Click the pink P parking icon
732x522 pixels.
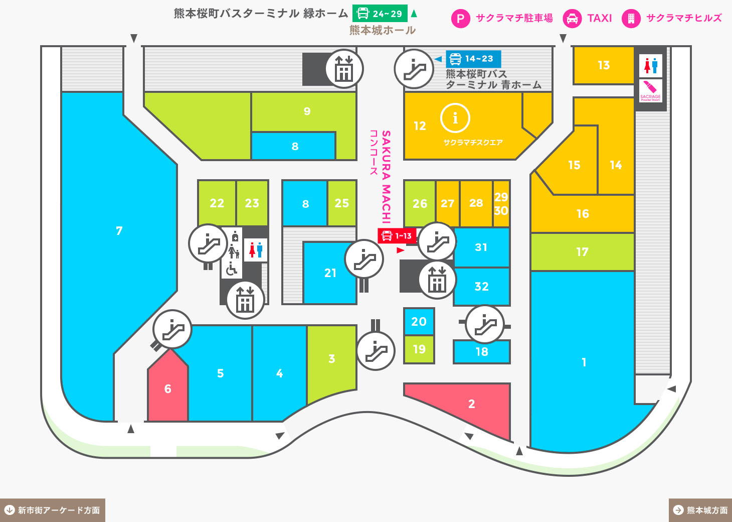coord(460,19)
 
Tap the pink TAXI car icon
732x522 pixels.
coord(572,19)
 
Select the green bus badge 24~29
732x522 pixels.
coord(380,14)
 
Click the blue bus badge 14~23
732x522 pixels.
coord(473,59)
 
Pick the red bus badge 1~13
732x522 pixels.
coord(397,236)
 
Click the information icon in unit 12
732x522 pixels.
coord(455,118)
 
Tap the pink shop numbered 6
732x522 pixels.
coord(167,389)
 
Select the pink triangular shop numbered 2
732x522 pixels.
coord(471,404)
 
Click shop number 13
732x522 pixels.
coord(604,65)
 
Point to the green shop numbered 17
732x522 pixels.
coord(582,252)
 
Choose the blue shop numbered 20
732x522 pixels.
coord(419,322)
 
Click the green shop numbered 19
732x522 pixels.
coord(419,349)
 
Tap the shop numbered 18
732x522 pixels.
coord(481,352)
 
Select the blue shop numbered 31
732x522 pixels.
coord(481,247)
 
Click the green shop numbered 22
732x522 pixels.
coord(217,203)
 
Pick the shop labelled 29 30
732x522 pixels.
coord(501,204)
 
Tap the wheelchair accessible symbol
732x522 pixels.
coord(231,269)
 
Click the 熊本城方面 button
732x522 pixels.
coord(700,510)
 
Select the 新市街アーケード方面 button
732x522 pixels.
coord(52,510)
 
